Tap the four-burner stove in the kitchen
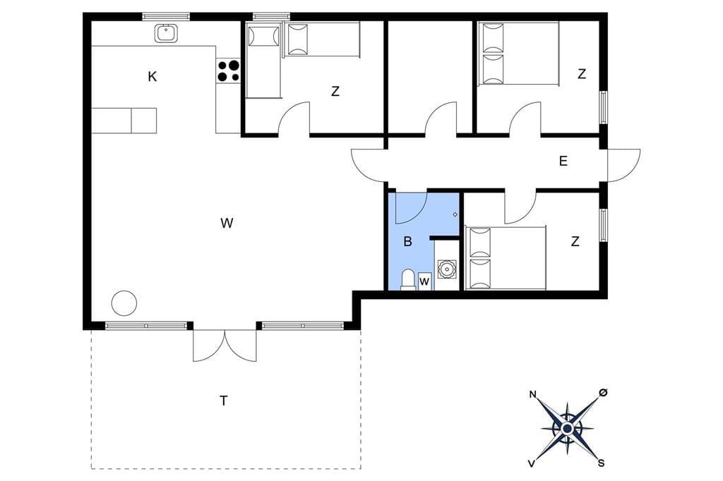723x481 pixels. point(229,71)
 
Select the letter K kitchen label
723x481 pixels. point(153,76)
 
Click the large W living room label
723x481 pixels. point(227,223)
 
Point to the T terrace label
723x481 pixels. point(224,401)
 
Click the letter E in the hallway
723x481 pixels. point(563,161)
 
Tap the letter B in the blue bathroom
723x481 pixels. point(407,241)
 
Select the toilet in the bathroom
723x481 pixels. point(408,280)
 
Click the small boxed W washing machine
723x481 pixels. point(424,281)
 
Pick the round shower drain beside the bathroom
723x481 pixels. point(446,269)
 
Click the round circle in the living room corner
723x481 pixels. point(124,303)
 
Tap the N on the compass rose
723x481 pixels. point(532,394)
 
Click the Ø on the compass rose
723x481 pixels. point(603,392)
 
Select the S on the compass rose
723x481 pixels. point(602,463)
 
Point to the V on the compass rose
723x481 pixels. point(532,463)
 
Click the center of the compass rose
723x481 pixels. point(567,429)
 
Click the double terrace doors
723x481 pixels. point(225,346)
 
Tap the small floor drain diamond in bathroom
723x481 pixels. point(455,214)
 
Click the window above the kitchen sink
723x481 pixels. point(166,17)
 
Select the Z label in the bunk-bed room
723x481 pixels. point(335,91)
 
